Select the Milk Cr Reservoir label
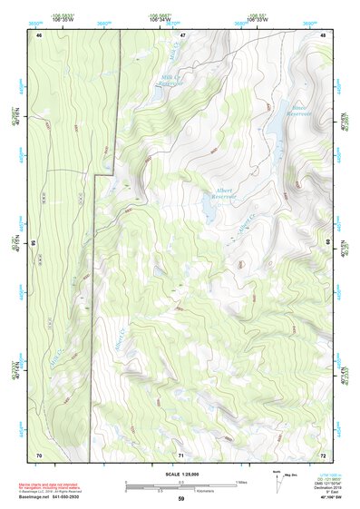pos(172,81)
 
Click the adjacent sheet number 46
pos(39,34)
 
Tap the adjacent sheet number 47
pos(182,34)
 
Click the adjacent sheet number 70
pos(39,454)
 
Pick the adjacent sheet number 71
pos(181,454)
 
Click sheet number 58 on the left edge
pos(34,243)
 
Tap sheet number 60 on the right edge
pos(328,243)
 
